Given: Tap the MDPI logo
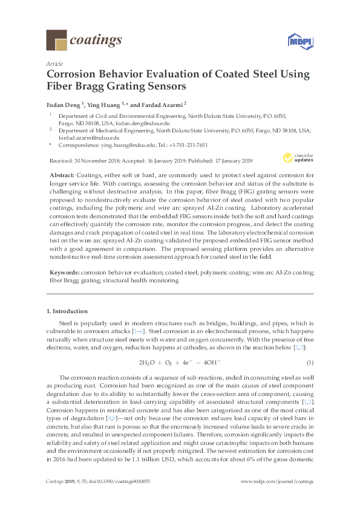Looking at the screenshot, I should pos(296,41).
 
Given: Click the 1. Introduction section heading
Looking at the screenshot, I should pos(67,311).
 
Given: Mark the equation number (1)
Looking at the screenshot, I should pos(309,362).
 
